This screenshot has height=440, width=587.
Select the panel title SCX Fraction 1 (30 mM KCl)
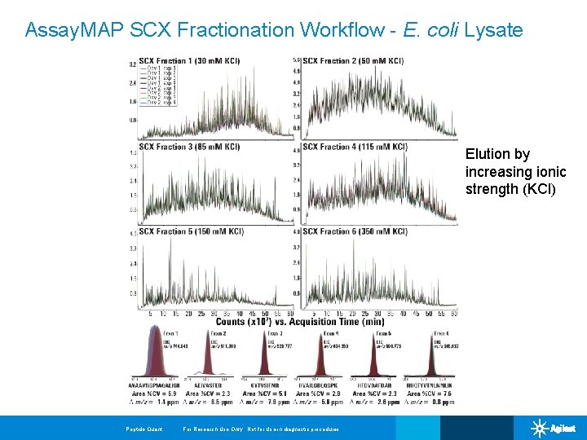[x=189, y=61]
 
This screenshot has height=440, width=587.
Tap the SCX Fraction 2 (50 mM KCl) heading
[x=353, y=61]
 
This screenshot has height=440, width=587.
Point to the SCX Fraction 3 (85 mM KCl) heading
[x=189, y=147]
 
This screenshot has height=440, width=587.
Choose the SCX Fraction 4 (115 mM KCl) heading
[x=355, y=147]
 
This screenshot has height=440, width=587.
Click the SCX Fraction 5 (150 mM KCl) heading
[x=192, y=231]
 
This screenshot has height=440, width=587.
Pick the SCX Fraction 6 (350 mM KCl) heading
[x=355, y=231]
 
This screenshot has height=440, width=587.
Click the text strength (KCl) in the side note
[x=510, y=189]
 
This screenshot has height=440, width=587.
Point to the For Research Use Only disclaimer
[x=261, y=429]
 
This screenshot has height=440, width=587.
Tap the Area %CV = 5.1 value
[x=267, y=394]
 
